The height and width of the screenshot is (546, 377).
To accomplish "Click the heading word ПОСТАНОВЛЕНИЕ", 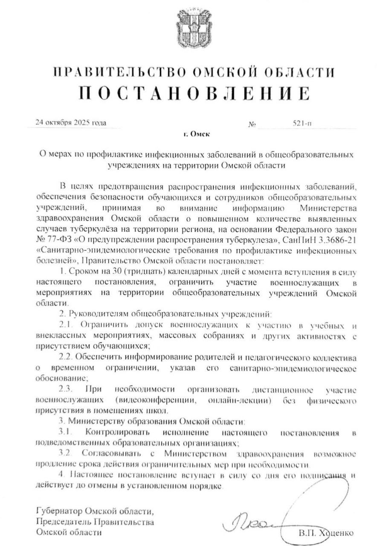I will pos(188,92).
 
